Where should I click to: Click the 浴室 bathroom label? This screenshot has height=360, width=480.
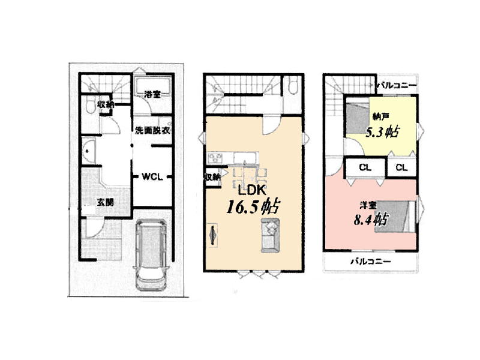(152, 94)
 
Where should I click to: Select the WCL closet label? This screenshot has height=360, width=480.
(152, 176)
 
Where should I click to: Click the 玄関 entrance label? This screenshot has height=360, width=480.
(106, 202)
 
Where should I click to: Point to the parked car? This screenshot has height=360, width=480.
(151, 254)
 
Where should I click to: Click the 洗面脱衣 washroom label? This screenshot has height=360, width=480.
(152, 130)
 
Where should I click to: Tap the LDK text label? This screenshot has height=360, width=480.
(251, 190)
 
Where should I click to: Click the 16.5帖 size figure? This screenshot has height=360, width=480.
(253, 207)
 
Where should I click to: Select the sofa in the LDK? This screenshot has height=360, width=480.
(271, 235)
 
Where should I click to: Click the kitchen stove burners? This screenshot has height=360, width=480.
(215, 158)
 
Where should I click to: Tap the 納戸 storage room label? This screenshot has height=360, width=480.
(381, 116)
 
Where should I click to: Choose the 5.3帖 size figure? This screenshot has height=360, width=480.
(382, 132)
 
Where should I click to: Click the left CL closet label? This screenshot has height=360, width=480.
(365, 167)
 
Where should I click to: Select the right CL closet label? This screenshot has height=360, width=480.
(401, 167)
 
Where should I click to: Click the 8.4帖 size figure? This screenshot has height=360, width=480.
(371, 220)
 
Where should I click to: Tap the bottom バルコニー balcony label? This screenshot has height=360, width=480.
(371, 262)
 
